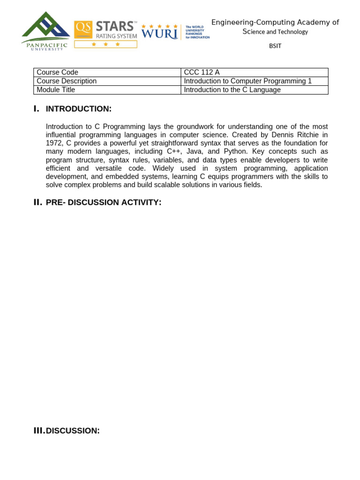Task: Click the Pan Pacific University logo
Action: pyautogui.click(x=45, y=31)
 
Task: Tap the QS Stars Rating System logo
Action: pyautogui.click(x=105, y=34)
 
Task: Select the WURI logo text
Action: pyautogui.click(x=159, y=33)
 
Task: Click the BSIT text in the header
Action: pyautogui.click(x=275, y=46)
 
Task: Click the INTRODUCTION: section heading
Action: pyautogui.click(x=79, y=109)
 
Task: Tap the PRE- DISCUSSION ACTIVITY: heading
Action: pyautogui.click(x=104, y=202)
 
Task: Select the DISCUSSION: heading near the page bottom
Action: pyautogui.click(x=73, y=430)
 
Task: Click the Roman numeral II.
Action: pyautogui.click(x=37, y=202)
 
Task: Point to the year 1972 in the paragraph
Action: pyautogui.click(x=54, y=143)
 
